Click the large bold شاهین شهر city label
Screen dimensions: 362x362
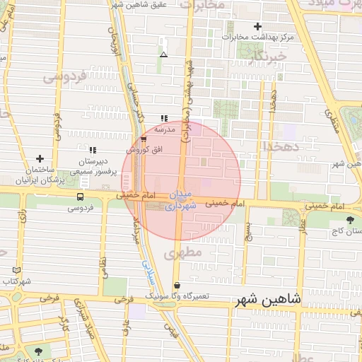click(x=268, y=300)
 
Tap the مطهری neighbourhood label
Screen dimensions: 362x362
click(x=187, y=252)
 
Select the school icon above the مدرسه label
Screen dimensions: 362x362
click(x=164, y=119)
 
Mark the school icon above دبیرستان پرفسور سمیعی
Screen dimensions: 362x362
click(x=93, y=150)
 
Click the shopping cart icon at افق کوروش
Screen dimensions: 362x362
click(x=144, y=139)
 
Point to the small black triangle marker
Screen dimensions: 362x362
click(x=164, y=54)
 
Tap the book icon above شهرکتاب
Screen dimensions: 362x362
click(x=17, y=270)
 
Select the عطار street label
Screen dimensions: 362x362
click(x=303, y=226)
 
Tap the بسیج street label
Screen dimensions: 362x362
click(x=247, y=230)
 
